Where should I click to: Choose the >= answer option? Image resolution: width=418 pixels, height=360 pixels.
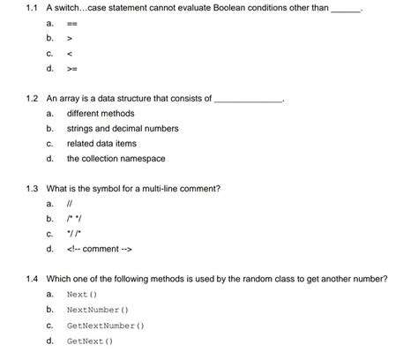pos(71,68)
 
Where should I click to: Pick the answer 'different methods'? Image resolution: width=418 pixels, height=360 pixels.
pos(101,114)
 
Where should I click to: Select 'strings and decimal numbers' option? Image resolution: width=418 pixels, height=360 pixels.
pos(123,129)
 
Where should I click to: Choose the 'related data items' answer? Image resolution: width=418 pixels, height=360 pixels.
pos(102,144)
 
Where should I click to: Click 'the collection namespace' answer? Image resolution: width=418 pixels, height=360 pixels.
pos(116,159)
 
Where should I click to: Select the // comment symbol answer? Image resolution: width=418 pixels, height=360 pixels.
pos(70,204)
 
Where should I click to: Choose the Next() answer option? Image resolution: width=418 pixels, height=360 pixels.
pos(81,295)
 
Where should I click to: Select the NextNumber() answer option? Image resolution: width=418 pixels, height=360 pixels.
pos(98,310)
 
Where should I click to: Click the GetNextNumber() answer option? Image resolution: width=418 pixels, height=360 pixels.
pos(106,326)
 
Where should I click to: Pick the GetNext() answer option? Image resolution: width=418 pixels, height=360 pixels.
pos(89,341)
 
